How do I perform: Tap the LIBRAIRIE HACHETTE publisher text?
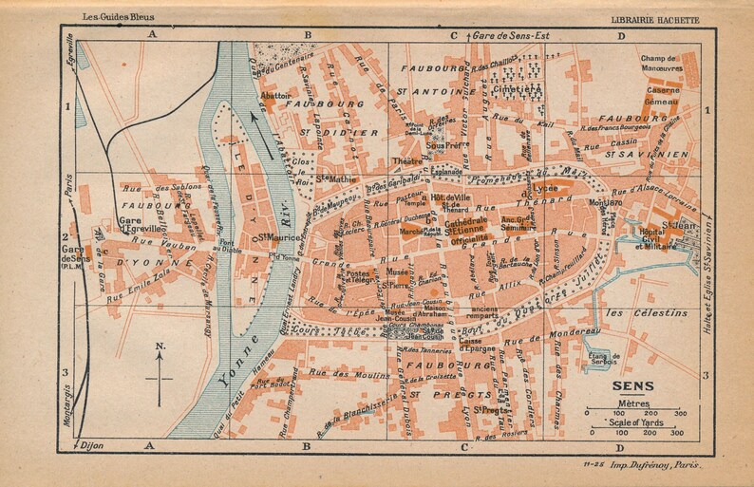[662, 20]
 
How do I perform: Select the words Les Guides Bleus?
[95, 18]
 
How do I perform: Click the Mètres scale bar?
[633, 413]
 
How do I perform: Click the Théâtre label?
[406, 160]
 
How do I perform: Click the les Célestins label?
[640, 312]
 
